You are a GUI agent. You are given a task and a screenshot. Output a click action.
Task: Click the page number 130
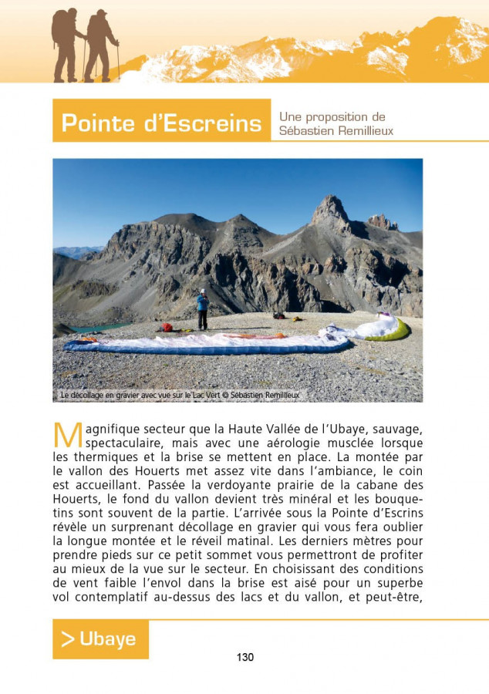244,657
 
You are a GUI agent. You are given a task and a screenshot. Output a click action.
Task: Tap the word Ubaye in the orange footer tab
108,639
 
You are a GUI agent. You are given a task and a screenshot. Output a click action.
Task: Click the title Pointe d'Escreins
161,123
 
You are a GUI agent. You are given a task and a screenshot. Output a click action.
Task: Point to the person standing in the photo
202,309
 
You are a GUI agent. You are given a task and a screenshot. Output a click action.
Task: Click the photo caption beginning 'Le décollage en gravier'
179,395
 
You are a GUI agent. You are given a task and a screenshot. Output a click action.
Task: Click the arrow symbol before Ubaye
68,639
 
